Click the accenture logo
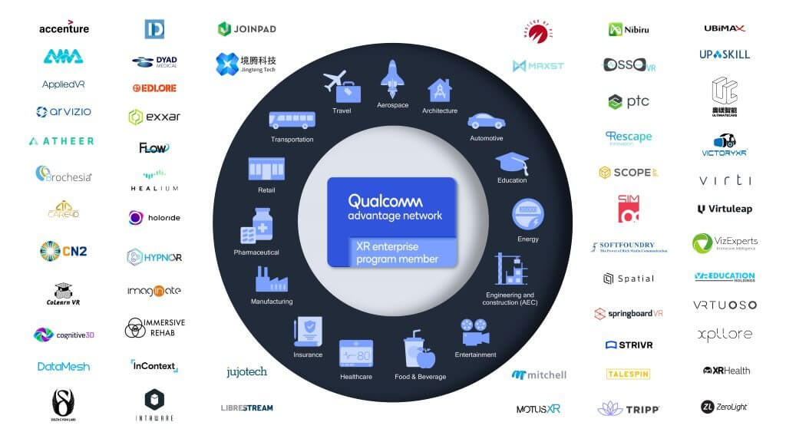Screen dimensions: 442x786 click(64, 28)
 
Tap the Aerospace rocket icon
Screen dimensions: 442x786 click(392, 79)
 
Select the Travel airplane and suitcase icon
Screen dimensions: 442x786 click(342, 86)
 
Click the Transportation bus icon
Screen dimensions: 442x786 click(292, 120)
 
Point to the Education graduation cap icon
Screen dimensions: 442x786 click(511, 162)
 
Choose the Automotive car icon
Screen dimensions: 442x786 click(486, 121)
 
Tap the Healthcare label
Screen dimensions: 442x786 click(355, 377)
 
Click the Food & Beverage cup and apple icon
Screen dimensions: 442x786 click(419, 350)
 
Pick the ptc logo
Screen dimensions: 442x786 click(628, 101)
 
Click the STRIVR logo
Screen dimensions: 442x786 click(629, 345)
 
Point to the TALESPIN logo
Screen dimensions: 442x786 click(628, 374)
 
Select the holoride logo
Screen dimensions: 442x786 click(154, 218)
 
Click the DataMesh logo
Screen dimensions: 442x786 click(64, 367)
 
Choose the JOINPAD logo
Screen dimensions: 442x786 click(246, 29)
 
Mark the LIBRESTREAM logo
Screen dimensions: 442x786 click(246, 407)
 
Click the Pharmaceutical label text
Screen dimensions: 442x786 click(256, 252)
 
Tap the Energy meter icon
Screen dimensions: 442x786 click(528, 213)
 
